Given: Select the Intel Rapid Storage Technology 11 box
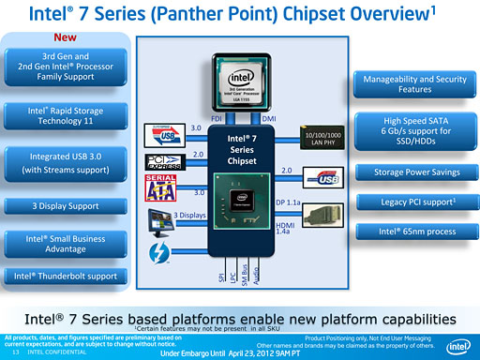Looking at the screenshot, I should tap(65, 115).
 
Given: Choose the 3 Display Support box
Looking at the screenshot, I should tap(65, 205).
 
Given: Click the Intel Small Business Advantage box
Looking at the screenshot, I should tap(65, 244).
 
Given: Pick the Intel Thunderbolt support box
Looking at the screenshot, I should tap(65, 276).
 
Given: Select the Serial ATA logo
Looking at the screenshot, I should tap(159, 187).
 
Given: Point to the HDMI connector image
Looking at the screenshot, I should tap(319, 216).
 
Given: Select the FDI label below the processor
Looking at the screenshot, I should tap(216, 119).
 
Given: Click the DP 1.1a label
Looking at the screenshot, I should tap(288, 202).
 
